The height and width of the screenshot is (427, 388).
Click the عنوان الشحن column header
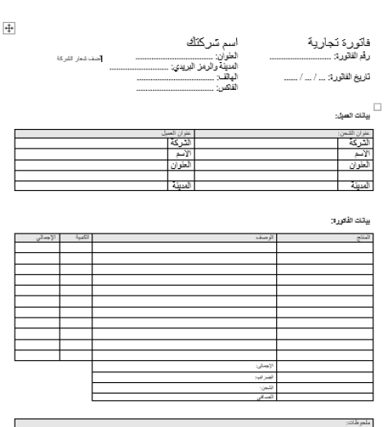pos(358,132)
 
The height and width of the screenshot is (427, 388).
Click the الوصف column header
pos(265,237)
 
